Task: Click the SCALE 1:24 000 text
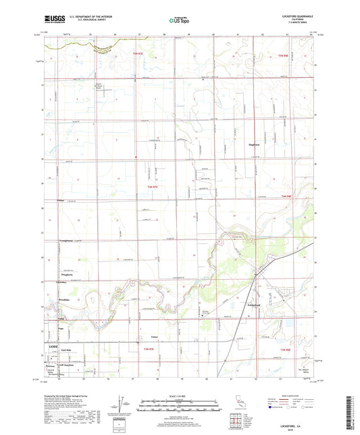[x=180, y=394]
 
